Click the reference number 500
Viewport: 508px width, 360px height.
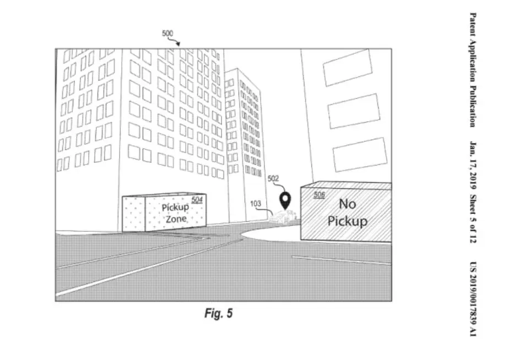(x=167, y=34)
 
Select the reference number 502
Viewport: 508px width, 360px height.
(x=273, y=178)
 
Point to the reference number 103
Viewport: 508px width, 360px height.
(x=255, y=203)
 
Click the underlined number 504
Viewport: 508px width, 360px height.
(x=197, y=200)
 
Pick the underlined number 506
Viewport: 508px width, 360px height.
(x=319, y=194)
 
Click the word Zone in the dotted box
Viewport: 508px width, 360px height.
(x=176, y=219)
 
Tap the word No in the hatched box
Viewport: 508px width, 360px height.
(x=347, y=204)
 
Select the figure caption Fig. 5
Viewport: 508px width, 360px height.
(x=218, y=313)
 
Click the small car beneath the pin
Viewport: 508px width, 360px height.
(x=283, y=216)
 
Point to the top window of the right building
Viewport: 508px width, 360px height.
(x=347, y=68)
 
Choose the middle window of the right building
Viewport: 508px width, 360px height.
(x=354, y=111)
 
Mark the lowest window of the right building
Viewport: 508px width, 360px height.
(x=360, y=155)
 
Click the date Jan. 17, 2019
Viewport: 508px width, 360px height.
(x=473, y=165)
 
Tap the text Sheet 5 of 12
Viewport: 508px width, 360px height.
(x=473, y=219)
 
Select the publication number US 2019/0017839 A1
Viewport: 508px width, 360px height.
(x=473, y=299)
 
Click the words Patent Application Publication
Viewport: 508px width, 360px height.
(x=473, y=70)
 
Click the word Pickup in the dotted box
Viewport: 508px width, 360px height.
(x=175, y=208)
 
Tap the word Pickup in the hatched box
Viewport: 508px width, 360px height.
(x=347, y=221)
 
